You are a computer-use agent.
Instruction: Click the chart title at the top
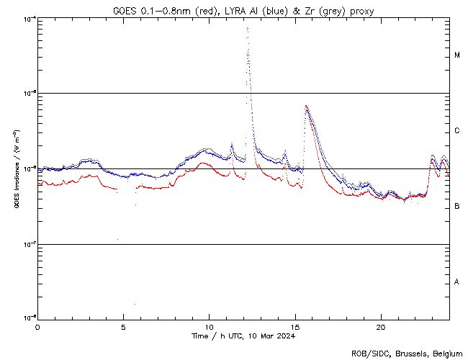[243, 10]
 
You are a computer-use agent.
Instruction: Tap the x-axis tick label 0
[37, 326]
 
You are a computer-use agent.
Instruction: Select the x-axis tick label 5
[123, 326]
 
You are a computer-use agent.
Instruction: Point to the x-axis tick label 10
[209, 326]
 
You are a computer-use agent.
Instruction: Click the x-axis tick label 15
[294, 326]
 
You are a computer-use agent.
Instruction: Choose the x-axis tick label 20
[380, 326]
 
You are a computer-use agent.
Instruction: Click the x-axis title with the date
[243, 336]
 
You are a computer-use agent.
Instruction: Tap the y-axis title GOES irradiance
[16, 170]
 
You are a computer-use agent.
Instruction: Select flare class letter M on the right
[457, 55]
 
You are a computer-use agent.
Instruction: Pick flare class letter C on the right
[457, 131]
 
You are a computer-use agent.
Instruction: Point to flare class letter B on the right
[457, 207]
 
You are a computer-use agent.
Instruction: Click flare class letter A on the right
[457, 282]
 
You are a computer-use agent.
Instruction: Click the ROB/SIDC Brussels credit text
[406, 353]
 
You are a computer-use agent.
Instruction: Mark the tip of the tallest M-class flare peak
[247, 28]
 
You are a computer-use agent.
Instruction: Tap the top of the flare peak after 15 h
[307, 106]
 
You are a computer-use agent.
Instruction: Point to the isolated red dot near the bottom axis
[134, 305]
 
